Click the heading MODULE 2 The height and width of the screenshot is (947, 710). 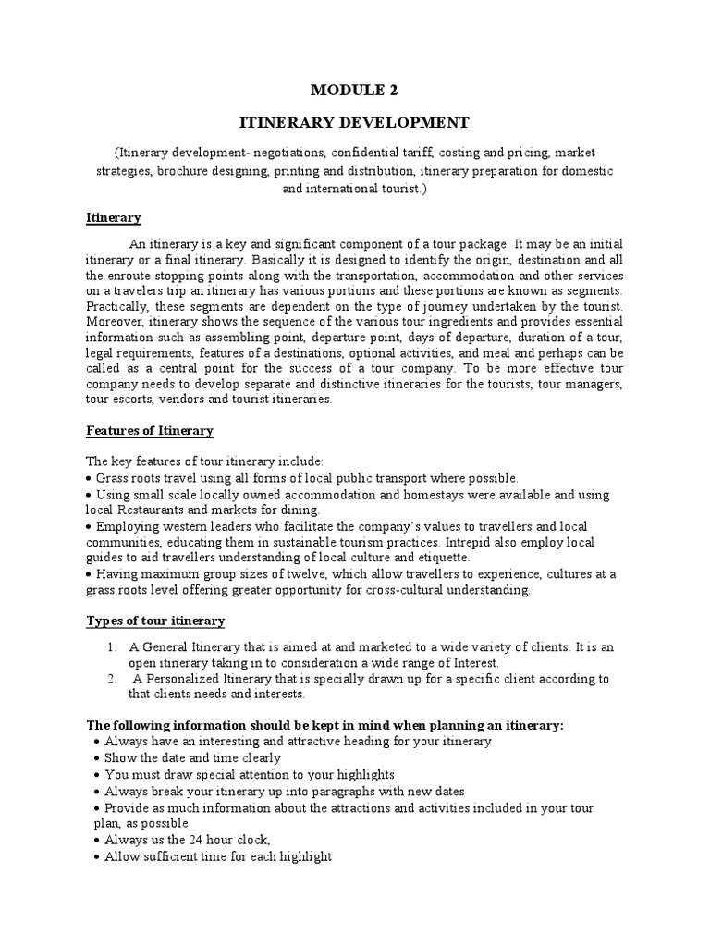click(x=355, y=90)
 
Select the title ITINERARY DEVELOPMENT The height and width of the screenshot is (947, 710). click(x=355, y=122)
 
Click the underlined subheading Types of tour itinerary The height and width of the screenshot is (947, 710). click(x=155, y=620)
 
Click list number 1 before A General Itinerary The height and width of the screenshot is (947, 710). click(x=112, y=647)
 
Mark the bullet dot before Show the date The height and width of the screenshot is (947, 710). click(x=98, y=758)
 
